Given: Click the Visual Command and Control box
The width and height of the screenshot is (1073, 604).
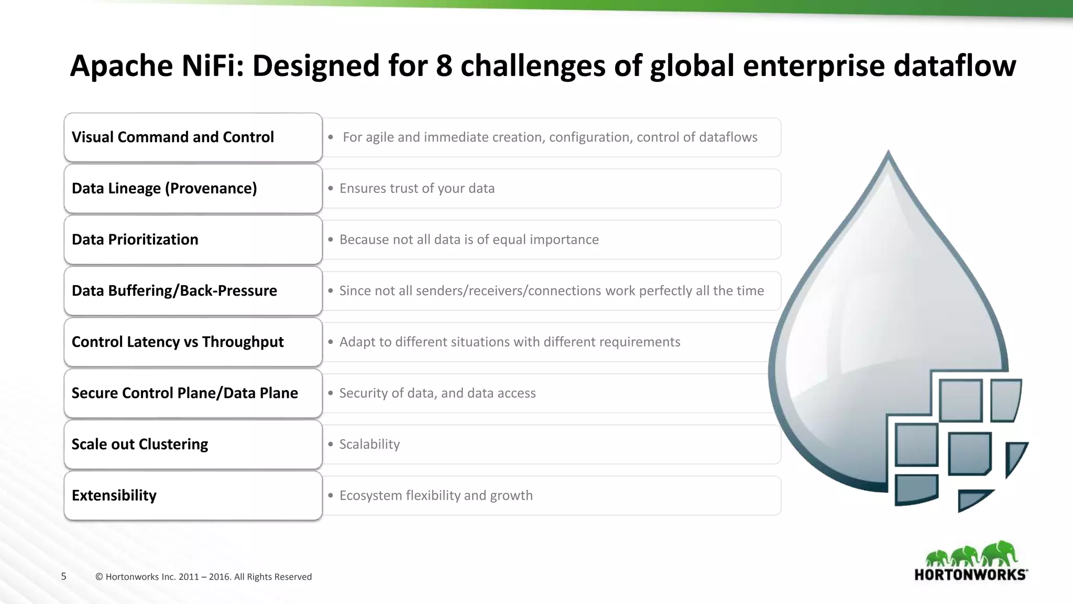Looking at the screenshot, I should [193, 137].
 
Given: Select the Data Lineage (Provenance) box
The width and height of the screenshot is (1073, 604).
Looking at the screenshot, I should [193, 189].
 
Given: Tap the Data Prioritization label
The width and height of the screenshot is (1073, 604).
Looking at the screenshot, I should [135, 240].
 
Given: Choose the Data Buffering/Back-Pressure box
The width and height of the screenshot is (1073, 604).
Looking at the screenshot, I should [193, 291].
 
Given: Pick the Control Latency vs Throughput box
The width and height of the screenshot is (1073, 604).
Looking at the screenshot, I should [193, 342].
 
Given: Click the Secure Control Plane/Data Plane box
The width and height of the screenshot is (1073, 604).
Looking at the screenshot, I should [193, 393].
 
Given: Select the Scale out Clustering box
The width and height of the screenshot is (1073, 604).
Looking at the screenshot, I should [193, 445].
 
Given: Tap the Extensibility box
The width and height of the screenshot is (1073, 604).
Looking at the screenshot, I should [193, 495].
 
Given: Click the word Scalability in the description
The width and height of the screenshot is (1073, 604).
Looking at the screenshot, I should [369, 445].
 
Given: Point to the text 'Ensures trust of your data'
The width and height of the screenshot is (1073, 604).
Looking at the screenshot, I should [417, 189].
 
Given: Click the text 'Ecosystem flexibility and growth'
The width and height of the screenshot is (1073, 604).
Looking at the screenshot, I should [436, 495].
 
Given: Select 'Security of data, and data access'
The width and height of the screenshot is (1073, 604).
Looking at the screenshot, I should [437, 393].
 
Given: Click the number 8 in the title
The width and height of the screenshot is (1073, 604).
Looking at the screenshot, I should [444, 66].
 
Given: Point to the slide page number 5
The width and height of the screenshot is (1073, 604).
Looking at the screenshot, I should [64, 577].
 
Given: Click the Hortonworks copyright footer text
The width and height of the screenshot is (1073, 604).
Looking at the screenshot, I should [203, 577].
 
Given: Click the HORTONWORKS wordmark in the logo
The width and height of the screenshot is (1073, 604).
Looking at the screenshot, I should [970, 575].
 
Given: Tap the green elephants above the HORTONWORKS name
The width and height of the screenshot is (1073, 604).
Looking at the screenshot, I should [970, 555].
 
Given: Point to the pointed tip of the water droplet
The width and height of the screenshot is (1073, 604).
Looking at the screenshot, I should [888, 153].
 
